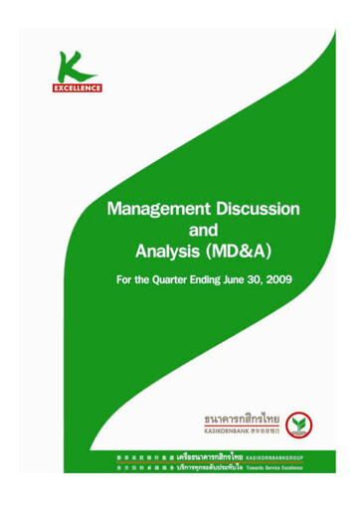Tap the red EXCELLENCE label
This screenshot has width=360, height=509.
click(x=77, y=88)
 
